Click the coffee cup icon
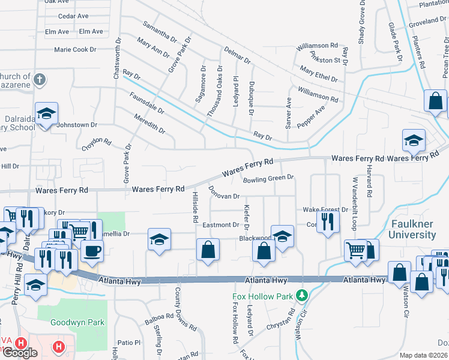[x=92, y=251]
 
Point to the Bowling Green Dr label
[x=268, y=178]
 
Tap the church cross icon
[x=39, y=79]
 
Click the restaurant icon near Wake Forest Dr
[x=329, y=221]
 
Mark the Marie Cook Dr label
[x=75, y=50]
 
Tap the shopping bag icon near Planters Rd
[x=435, y=101]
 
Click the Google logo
[x=19, y=353]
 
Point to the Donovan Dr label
[x=223, y=192]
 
